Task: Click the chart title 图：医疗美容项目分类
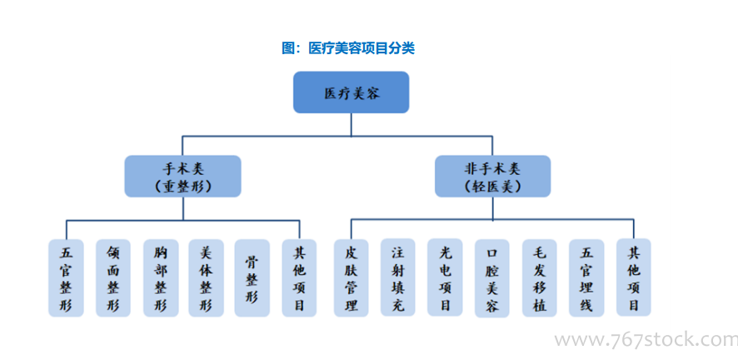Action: (348, 48)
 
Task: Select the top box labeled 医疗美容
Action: (352, 92)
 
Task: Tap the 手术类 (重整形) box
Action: (182, 176)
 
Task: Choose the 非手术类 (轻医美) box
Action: (493, 176)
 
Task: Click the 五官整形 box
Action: (66, 277)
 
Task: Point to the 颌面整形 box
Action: (113, 277)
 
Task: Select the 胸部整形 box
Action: (161, 277)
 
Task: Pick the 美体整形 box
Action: (206, 277)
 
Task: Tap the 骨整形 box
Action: (252, 277)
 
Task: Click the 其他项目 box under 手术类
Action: (299, 277)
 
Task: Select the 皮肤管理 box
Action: (352, 277)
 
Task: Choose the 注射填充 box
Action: (397, 277)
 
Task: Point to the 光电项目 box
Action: (445, 277)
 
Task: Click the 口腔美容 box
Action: (491, 278)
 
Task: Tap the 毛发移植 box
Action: (540, 277)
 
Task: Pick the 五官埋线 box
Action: (586, 277)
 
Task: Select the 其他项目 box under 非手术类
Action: (634, 277)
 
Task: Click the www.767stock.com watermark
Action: (646, 339)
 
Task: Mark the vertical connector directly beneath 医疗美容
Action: (352, 125)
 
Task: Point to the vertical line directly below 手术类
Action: (183, 208)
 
